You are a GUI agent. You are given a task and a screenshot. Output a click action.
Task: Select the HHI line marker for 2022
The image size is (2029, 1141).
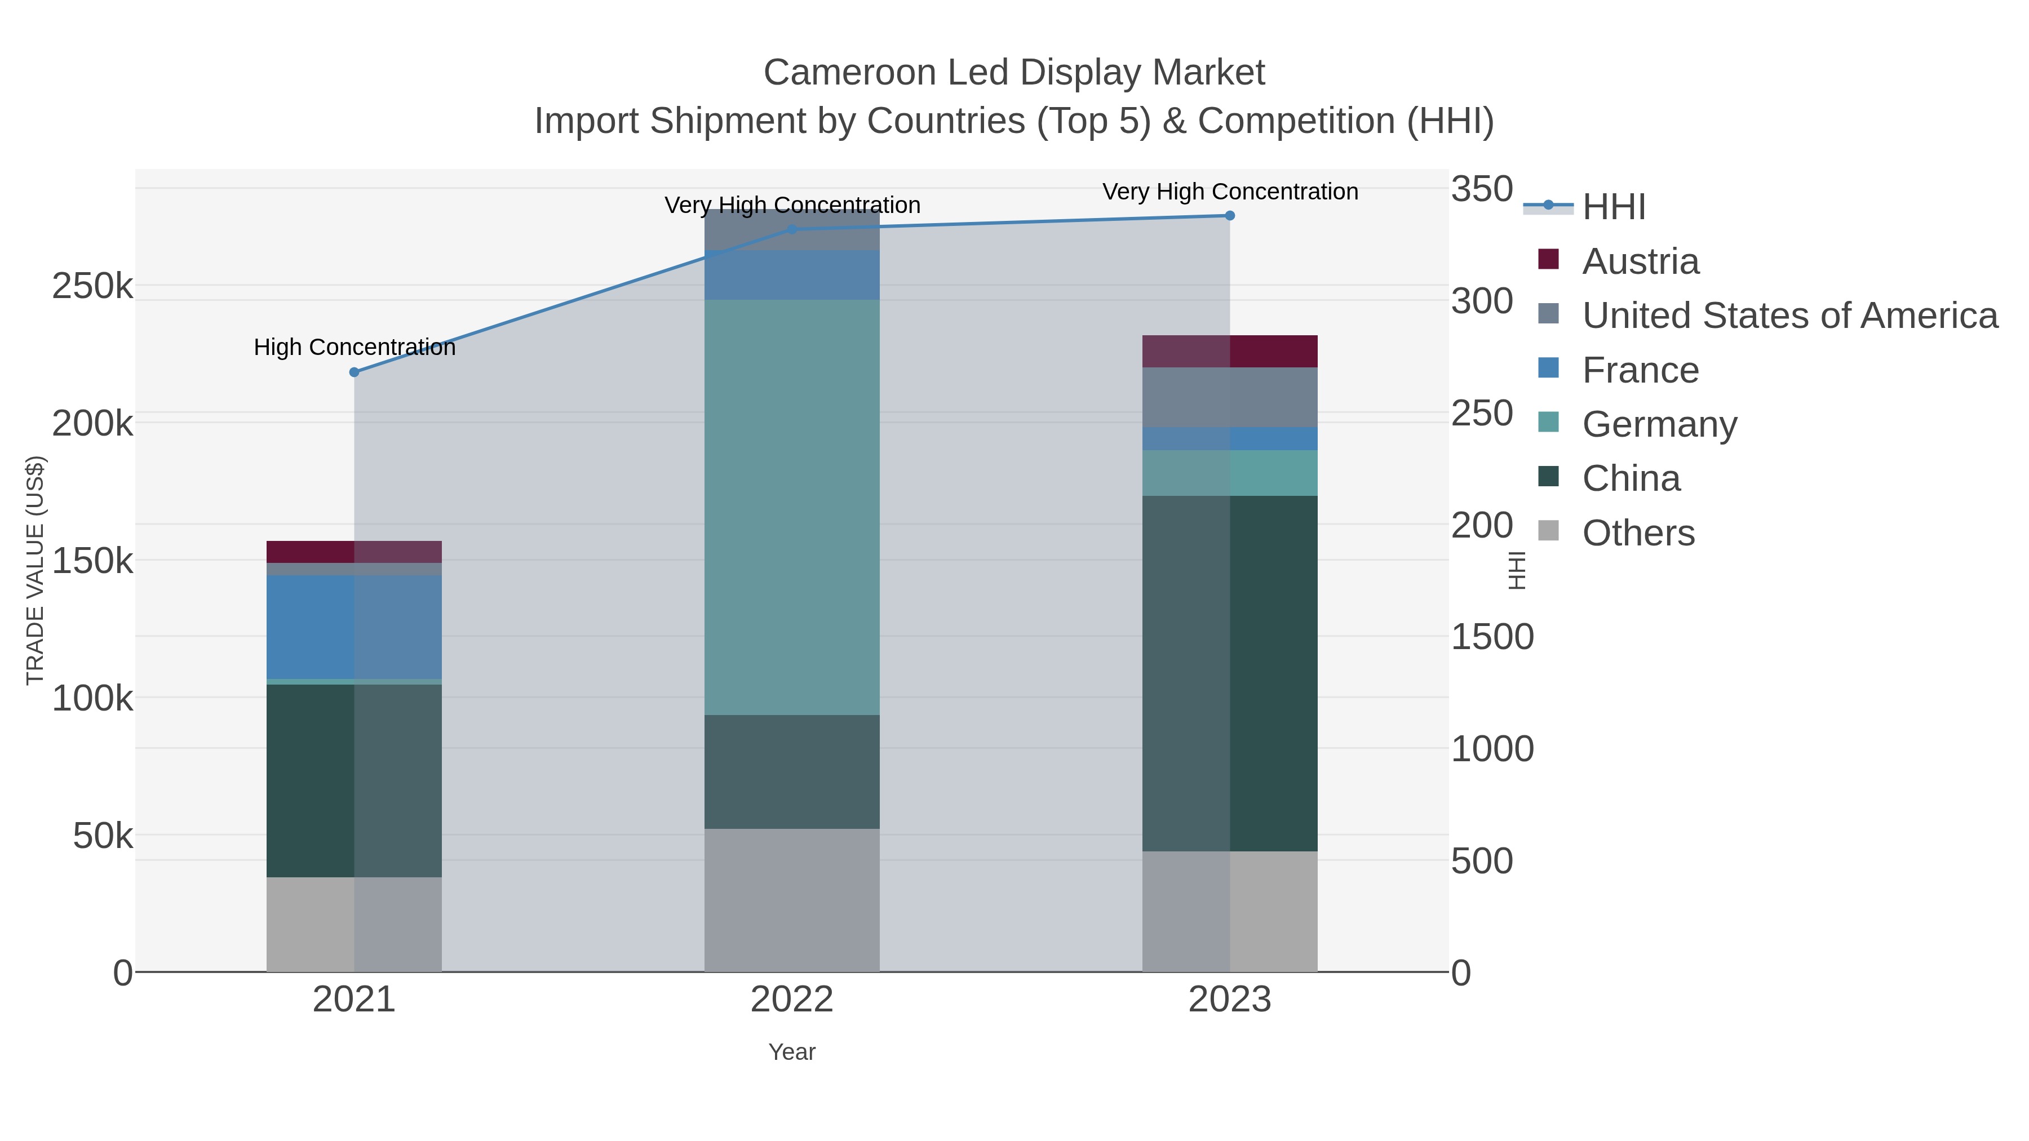click(792, 230)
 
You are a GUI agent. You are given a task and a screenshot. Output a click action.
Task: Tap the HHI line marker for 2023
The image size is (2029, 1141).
click(1230, 216)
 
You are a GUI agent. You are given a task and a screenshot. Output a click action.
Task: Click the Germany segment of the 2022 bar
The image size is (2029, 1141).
click(792, 507)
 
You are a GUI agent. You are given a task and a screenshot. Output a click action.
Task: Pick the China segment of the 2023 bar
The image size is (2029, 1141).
click(1230, 673)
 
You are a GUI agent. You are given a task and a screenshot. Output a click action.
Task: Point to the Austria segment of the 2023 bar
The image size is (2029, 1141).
click(1230, 351)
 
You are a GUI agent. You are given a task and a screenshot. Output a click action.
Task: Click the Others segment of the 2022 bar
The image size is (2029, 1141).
click(792, 900)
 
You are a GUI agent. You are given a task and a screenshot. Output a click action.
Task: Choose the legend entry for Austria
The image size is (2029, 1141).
click(1640, 261)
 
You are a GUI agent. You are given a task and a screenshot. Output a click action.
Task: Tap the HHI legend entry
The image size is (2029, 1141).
click(1613, 207)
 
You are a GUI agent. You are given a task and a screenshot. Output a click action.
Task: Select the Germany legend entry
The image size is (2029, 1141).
click(1659, 424)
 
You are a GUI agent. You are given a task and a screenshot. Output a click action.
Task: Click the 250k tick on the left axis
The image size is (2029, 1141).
click(92, 287)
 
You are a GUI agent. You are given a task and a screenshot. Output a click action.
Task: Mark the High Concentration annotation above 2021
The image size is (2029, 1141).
click(355, 347)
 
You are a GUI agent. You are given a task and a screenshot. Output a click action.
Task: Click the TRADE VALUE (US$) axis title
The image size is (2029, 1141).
click(36, 570)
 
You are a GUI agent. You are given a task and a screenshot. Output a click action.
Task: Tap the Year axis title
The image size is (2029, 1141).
click(792, 1052)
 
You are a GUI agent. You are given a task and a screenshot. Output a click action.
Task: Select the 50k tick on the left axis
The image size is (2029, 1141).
click(103, 836)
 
